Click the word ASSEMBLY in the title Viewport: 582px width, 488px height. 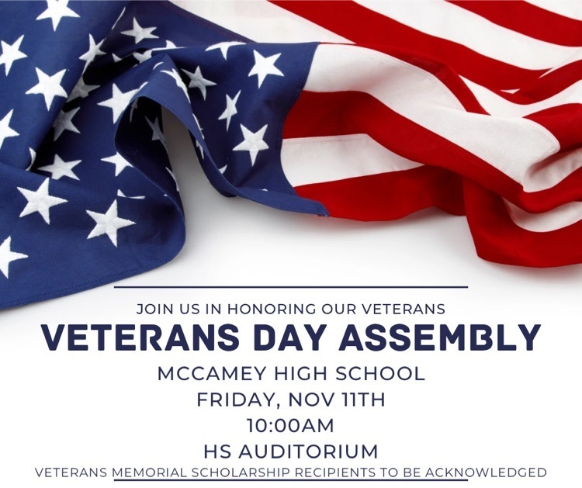(445, 338)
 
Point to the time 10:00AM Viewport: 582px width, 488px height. (291, 426)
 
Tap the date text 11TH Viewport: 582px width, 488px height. (361, 400)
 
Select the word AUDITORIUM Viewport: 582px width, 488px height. (308, 452)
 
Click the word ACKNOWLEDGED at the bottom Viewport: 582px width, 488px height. (487, 472)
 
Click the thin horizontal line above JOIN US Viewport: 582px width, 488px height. (291, 287)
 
